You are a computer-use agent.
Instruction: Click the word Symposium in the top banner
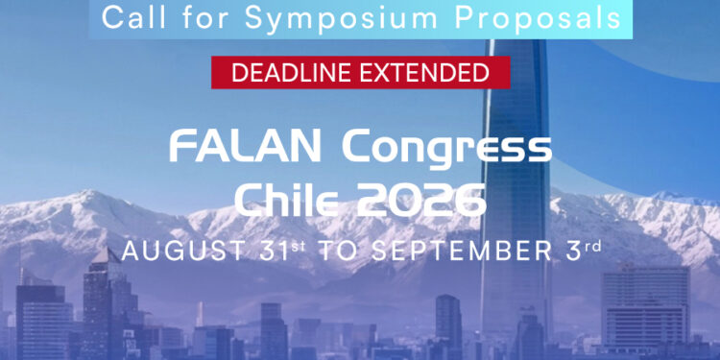click(288, 17)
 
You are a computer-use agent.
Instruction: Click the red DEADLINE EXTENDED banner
click(360, 72)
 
